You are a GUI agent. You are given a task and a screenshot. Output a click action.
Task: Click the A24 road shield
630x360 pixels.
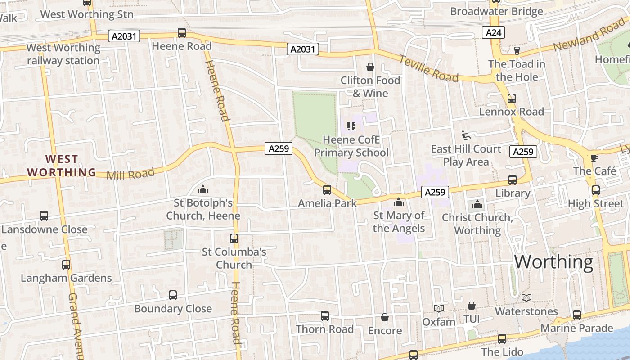pyautogui.click(x=494, y=32)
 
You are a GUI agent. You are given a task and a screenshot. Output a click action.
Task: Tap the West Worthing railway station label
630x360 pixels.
pyautogui.click(x=63, y=54)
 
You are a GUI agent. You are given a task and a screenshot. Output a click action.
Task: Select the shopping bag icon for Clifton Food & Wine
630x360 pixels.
pyautogui.click(x=370, y=67)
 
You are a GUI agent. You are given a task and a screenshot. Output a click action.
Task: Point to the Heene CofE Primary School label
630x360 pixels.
pyautogui.click(x=351, y=146)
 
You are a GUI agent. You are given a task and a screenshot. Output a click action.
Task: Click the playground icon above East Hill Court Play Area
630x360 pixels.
pyautogui.click(x=466, y=135)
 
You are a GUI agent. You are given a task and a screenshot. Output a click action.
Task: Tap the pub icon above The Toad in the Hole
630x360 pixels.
pyautogui.click(x=517, y=50)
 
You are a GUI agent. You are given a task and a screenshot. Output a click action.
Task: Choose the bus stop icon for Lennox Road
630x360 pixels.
pyautogui.click(x=512, y=98)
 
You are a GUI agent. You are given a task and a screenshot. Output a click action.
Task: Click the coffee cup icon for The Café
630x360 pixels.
pyautogui.click(x=594, y=157)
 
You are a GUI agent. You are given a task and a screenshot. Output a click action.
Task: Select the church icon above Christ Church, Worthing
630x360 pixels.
pyautogui.click(x=477, y=205)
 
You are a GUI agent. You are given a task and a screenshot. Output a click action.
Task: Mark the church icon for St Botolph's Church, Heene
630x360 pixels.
pyautogui.click(x=203, y=189)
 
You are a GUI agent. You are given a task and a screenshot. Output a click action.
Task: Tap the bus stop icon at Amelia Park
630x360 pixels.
pyautogui.click(x=327, y=189)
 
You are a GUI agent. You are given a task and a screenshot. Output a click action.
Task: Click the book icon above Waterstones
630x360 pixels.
pyautogui.click(x=526, y=297)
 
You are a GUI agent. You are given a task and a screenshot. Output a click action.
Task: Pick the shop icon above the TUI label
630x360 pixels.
pyautogui.click(x=471, y=306)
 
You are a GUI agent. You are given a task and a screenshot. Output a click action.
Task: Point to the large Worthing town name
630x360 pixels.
pyautogui.click(x=553, y=262)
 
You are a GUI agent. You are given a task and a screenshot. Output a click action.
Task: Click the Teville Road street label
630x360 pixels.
pyautogui.click(x=429, y=69)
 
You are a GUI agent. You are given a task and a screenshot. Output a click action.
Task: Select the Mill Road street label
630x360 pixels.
pyautogui.click(x=130, y=174)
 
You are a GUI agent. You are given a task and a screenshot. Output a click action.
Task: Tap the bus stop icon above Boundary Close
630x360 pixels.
pyautogui.click(x=173, y=295)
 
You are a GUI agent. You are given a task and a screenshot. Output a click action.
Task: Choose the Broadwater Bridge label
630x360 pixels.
pyautogui.click(x=496, y=11)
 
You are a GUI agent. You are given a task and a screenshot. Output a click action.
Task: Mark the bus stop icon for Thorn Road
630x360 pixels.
pyautogui.click(x=325, y=316)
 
